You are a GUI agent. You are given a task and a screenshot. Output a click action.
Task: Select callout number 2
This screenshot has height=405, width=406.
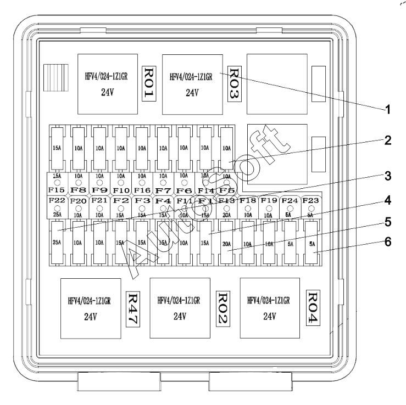click(x=388, y=140)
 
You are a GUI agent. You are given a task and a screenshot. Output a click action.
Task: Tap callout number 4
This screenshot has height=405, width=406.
click(x=388, y=200)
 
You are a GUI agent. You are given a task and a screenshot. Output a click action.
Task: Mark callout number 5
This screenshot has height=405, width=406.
click(x=388, y=224)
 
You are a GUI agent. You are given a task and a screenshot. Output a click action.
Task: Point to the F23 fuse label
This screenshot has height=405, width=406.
click(x=312, y=201)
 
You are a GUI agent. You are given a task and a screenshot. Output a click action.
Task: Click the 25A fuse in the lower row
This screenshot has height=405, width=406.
click(x=56, y=241)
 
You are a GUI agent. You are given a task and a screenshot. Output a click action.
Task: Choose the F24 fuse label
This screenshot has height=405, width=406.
click(x=290, y=201)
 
